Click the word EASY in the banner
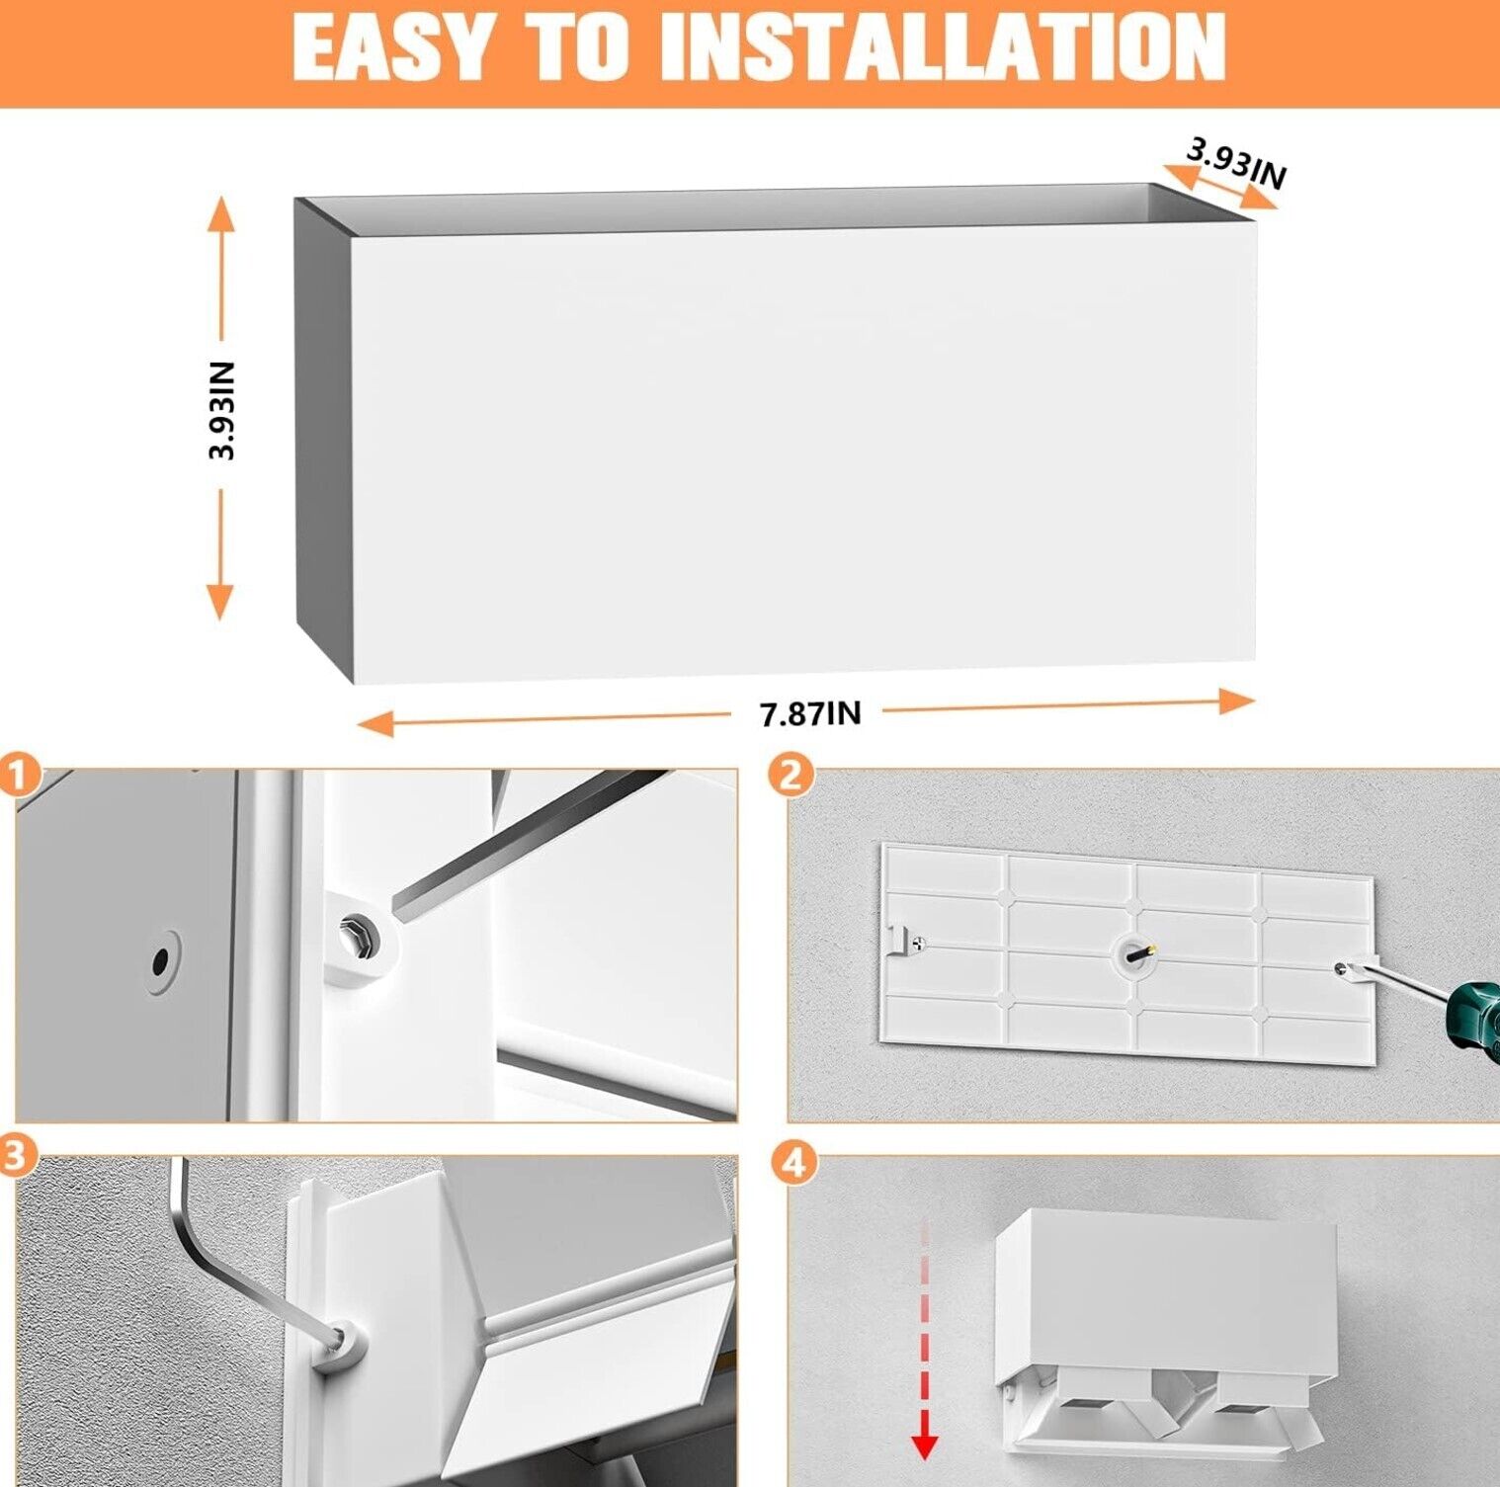pyautogui.click(x=392, y=47)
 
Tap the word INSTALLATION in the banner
pyautogui.click(x=943, y=47)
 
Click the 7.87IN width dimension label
pyautogui.click(x=810, y=713)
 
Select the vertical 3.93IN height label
pyautogui.click(x=222, y=410)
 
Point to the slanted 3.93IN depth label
pyautogui.click(x=1236, y=163)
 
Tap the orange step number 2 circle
pyautogui.click(x=791, y=776)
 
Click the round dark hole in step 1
pyautogui.click(x=160, y=959)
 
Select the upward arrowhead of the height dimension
pyautogui.click(x=221, y=213)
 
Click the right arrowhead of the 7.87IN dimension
pyautogui.click(x=1236, y=702)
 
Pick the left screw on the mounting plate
pyautogui.click(x=919, y=944)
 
